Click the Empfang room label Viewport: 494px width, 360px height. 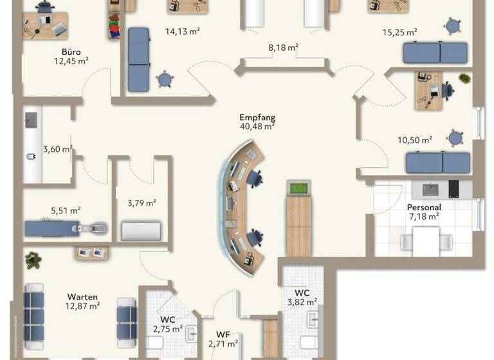[x=257, y=118]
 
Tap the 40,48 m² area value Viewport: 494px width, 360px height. [x=257, y=127]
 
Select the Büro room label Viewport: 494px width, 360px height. [x=71, y=51]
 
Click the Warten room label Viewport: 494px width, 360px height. [x=82, y=297]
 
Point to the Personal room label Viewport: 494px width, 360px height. [x=423, y=208]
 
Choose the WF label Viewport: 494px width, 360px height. [x=223, y=334]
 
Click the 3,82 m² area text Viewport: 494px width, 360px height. [x=302, y=301]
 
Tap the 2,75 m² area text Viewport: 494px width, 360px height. [x=167, y=328]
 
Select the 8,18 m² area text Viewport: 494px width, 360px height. [x=283, y=48]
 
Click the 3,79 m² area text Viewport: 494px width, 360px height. [x=142, y=203]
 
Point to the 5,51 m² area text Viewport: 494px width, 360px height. [x=66, y=210]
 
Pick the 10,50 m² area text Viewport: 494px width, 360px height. [x=415, y=139]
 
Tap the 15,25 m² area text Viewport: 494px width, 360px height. [x=399, y=32]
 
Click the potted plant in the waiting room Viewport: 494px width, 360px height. [x=33, y=260]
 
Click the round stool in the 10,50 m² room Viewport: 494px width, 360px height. [x=455, y=138]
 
